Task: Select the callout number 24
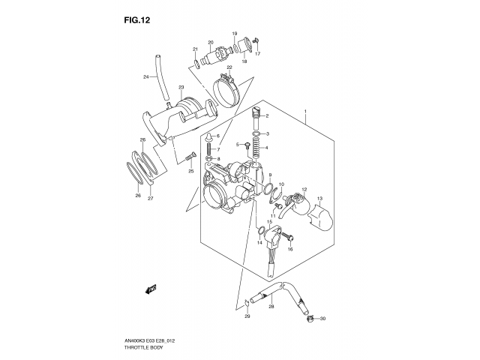(146, 77)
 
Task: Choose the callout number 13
(319, 199)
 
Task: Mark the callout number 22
(230, 67)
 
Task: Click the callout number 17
(257, 54)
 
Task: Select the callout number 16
(290, 248)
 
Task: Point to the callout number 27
(151, 198)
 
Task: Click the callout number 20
(211, 43)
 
